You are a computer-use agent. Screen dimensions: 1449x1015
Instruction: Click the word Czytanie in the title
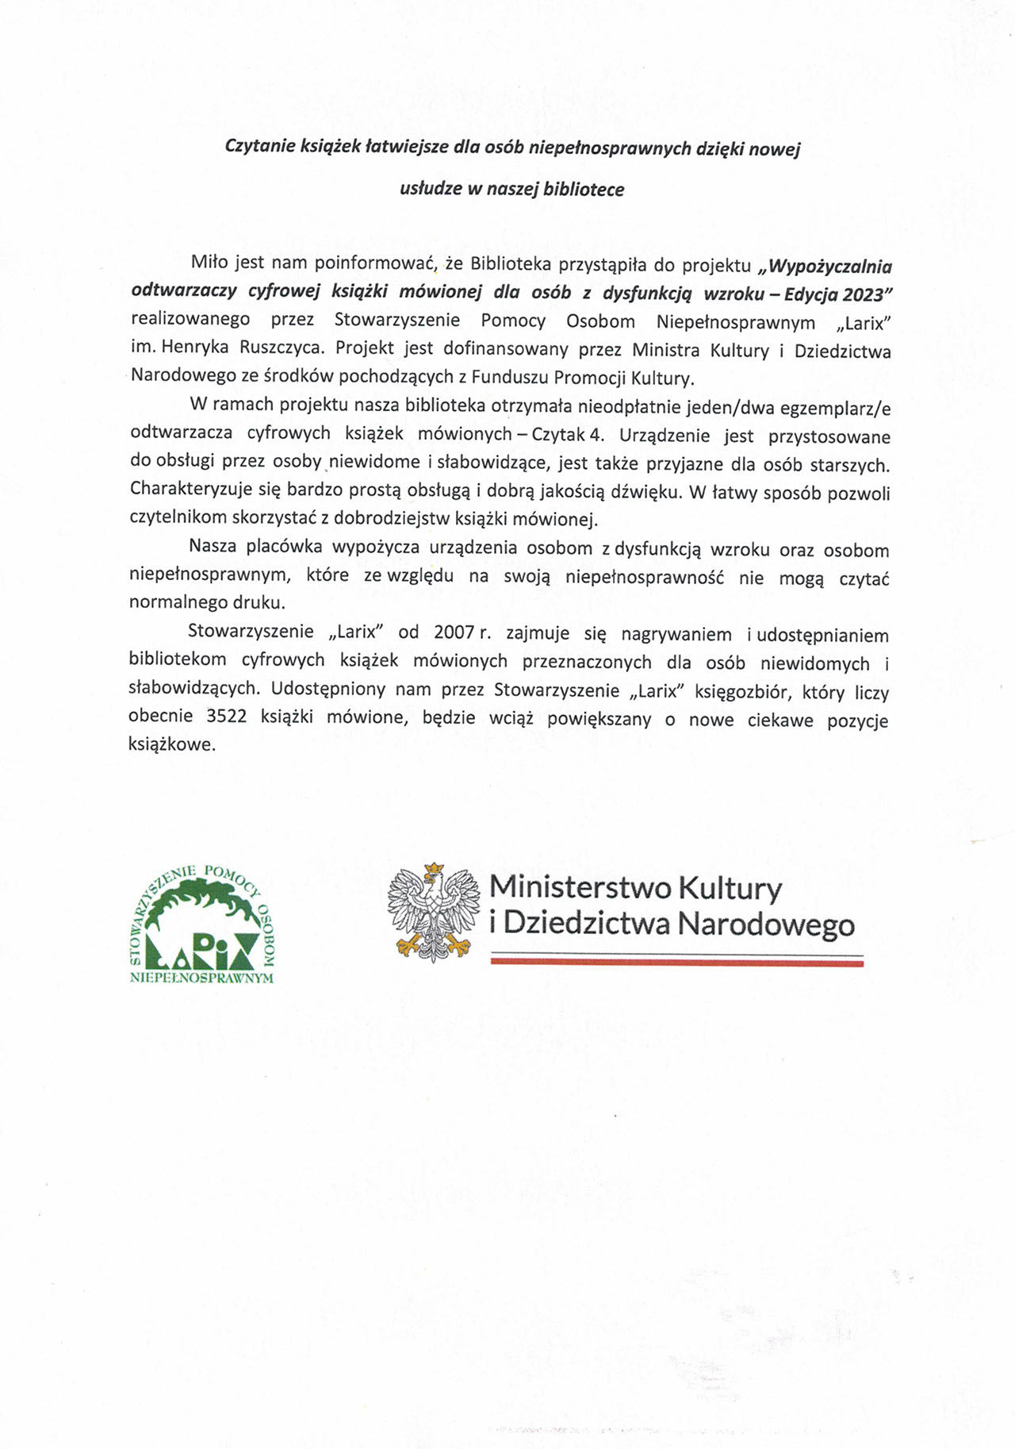[259, 147]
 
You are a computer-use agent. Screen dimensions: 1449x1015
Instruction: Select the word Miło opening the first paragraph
[208, 262]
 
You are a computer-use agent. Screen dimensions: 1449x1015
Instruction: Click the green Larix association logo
[201, 924]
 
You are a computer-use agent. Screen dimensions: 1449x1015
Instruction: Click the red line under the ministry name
[676, 963]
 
